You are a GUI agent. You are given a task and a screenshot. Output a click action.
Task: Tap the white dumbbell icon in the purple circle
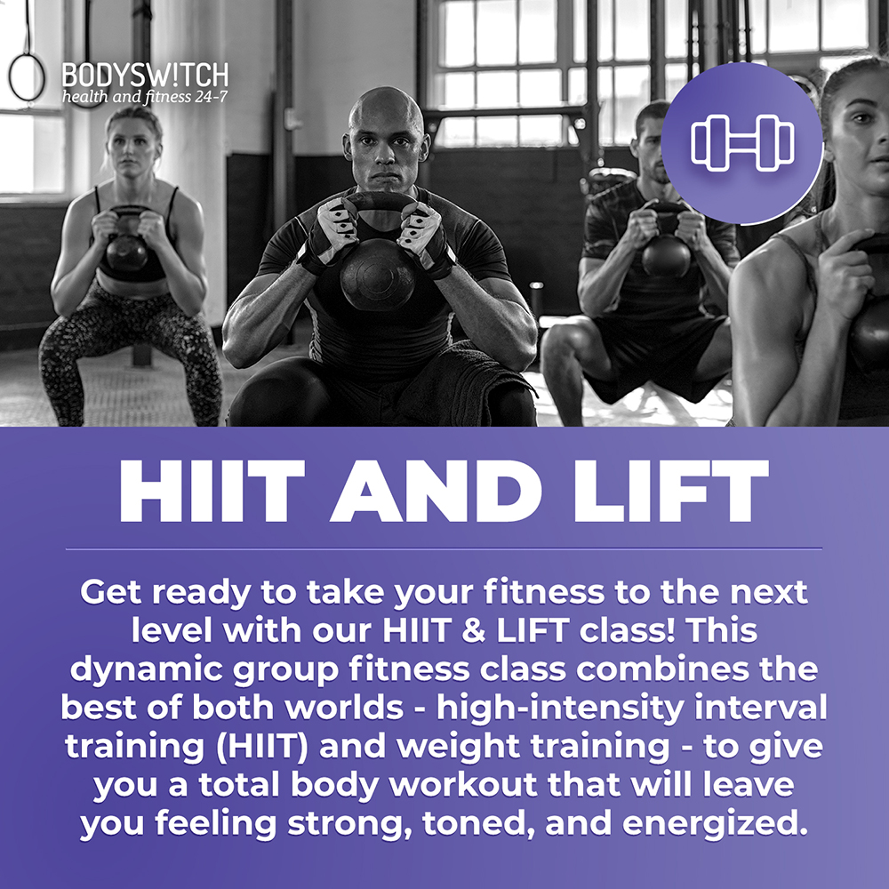point(742,142)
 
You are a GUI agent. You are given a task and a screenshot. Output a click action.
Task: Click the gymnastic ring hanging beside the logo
point(27,78)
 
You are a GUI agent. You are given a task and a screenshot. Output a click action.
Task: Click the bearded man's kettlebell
point(666,253)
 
